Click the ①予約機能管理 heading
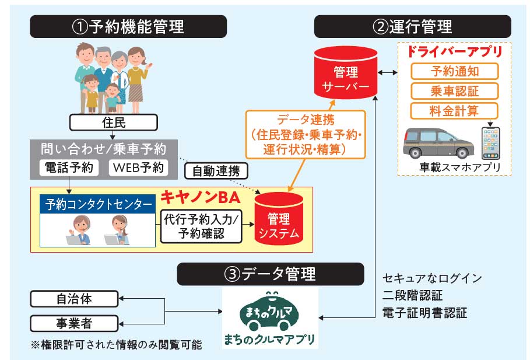tap(128, 26)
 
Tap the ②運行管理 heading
tap(412, 26)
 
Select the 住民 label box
tap(113, 123)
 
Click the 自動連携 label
tap(216, 170)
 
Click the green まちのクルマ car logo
tap(269, 311)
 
